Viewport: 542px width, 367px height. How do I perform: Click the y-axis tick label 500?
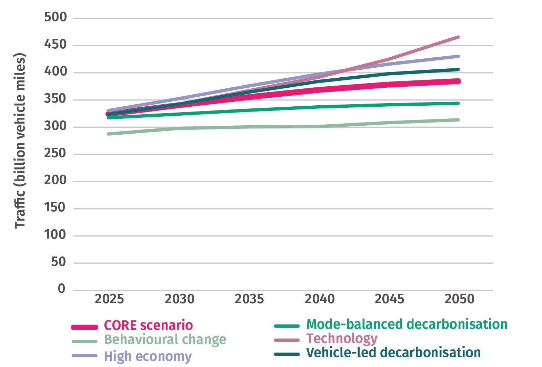click(55, 18)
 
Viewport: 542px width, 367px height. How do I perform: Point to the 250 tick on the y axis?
click(55, 154)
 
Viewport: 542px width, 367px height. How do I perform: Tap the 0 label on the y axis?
click(61, 289)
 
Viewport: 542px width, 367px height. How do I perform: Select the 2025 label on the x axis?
click(109, 299)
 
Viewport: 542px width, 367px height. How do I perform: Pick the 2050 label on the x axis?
click(459, 299)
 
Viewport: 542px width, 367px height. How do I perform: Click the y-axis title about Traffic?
click(21, 141)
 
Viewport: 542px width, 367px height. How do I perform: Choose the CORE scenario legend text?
click(148, 325)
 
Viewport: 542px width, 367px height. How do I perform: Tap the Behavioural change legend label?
click(165, 340)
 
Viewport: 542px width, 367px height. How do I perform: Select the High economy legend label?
click(148, 356)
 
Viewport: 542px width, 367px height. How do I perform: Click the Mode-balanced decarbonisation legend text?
click(407, 324)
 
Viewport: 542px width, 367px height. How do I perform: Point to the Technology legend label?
click(342, 338)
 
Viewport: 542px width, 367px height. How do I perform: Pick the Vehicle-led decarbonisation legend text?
click(393, 352)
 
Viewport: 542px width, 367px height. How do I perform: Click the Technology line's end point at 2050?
click(459, 37)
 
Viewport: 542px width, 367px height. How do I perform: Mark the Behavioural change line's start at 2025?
click(108, 134)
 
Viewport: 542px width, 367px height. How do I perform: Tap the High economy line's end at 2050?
click(459, 56)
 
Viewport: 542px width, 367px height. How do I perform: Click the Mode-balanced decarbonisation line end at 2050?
click(459, 103)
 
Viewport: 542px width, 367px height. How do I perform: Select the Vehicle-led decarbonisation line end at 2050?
click(459, 69)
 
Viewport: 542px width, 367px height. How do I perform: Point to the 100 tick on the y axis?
click(55, 235)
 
